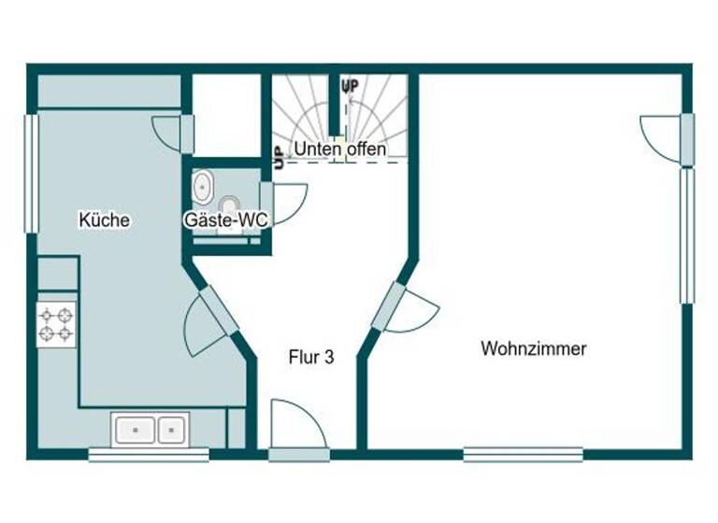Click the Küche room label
104,220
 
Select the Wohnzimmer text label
533,349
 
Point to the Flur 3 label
310,357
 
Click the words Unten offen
340,149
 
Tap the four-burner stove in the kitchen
56,324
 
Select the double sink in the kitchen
150,429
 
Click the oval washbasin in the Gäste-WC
202,187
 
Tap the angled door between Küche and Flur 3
210,322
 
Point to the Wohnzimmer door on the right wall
666,138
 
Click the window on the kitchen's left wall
31,174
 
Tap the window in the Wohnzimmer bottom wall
523,455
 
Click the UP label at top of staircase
351,87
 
